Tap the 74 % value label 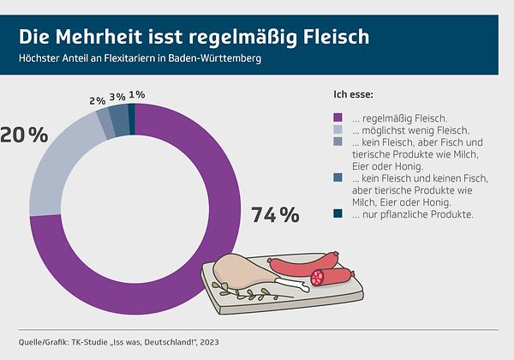click(x=275, y=215)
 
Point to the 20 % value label click(x=23, y=134)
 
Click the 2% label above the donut click(x=97, y=101)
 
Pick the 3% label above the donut click(x=117, y=96)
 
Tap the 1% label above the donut click(x=136, y=94)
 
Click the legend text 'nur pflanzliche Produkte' click(x=403, y=213)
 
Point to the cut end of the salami click(x=319, y=278)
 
